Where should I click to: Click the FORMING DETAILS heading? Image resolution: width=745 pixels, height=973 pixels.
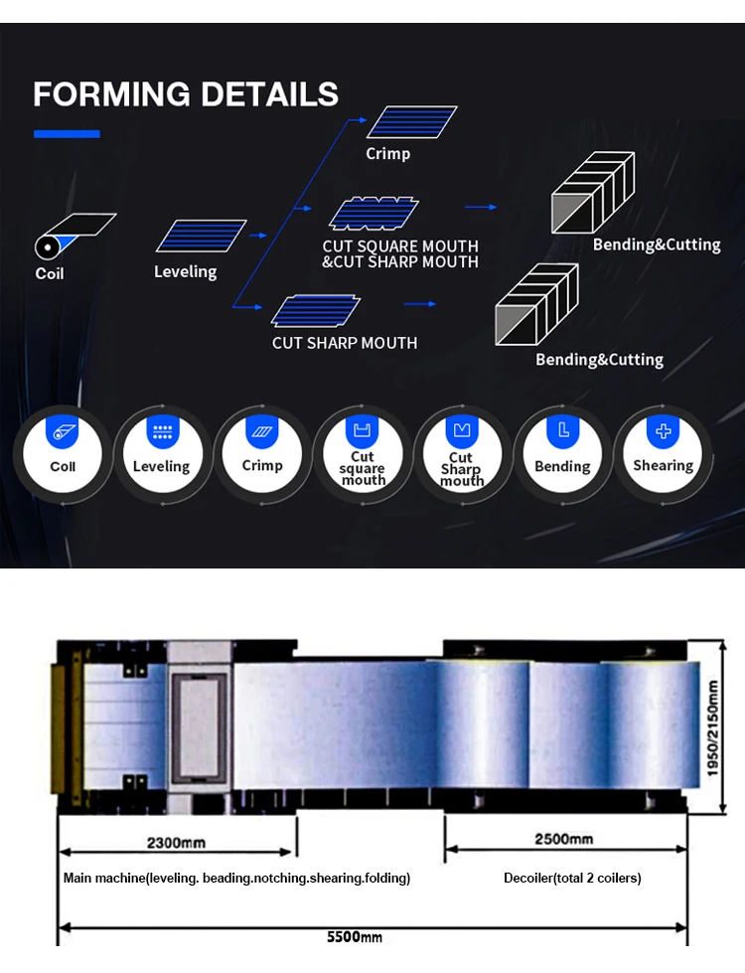pos(186,94)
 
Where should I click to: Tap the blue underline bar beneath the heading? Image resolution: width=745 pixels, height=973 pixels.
pos(67,133)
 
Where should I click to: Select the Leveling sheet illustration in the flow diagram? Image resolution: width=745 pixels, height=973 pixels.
pos(201,236)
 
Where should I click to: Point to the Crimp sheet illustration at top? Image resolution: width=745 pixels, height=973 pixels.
pos(410,121)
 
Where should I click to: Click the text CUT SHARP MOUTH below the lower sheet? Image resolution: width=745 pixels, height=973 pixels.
pos(345,343)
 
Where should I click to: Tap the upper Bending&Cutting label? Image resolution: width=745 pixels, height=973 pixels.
pos(657,244)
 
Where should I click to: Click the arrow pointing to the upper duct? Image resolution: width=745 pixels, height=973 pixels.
pos(481,207)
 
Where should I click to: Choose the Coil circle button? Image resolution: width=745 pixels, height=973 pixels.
pos(63,456)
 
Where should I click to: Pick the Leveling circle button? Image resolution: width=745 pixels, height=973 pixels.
pos(161,456)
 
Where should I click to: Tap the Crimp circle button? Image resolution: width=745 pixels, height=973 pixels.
pos(262,456)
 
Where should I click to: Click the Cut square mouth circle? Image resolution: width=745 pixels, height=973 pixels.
pos(363,458)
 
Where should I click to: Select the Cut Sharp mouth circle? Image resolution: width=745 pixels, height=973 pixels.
pos(462,458)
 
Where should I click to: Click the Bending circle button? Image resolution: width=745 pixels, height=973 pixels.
pos(562,456)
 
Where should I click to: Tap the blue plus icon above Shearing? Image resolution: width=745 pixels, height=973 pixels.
pos(663,431)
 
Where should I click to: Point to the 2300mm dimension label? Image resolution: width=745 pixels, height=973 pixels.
pos(176,843)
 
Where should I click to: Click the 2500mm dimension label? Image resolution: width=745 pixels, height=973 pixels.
pos(564,839)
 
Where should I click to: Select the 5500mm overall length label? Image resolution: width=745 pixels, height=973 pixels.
pos(355,936)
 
